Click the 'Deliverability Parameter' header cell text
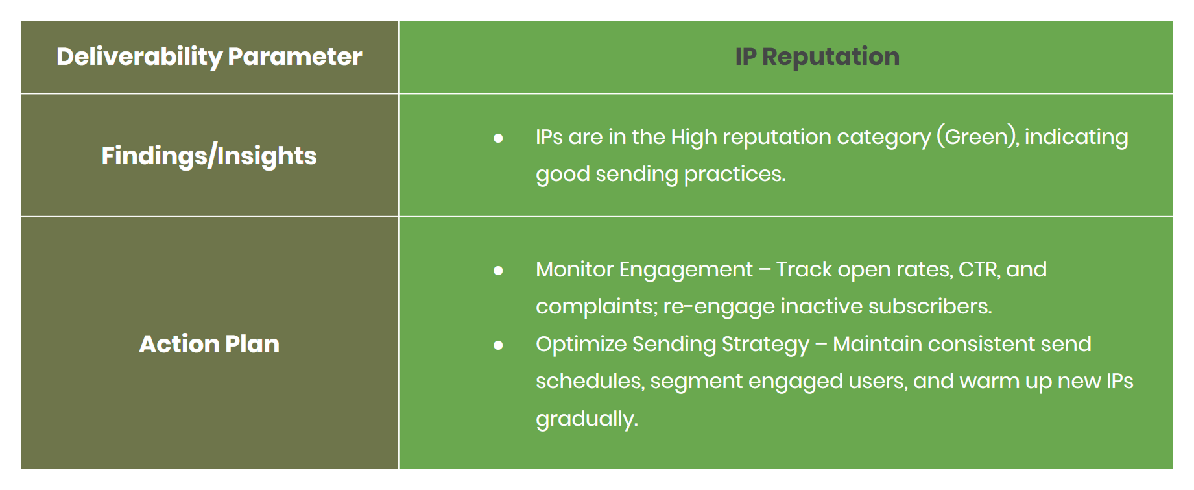coord(209,56)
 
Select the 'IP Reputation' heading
coord(817,56)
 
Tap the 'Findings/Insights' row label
coord(209,156)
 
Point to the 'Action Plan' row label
coord(209,344)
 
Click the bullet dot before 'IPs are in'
coord(498,138)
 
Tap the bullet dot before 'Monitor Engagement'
coord(498,270)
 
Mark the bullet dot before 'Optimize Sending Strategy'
coord(498,345)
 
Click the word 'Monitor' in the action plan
coord(574,269)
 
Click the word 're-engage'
coord(719,306)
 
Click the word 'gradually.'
coord(586,419)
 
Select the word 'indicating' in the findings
coord(1076,137)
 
